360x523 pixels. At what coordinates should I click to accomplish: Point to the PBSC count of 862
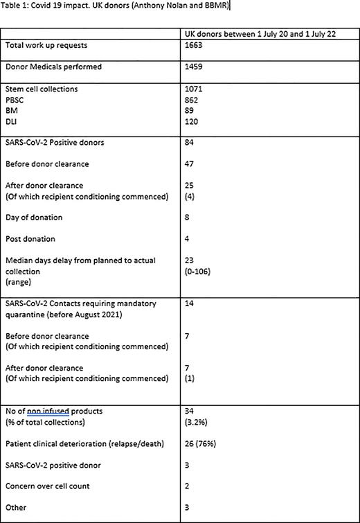(x=192, y=100)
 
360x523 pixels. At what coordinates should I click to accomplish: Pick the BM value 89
(x=190, y=111)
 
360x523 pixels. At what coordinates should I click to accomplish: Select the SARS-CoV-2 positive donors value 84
(x=190, y=143)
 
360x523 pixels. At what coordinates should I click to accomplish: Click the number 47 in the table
(x=190, y=165)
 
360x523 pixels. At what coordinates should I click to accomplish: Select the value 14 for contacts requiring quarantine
(x=190, y=303)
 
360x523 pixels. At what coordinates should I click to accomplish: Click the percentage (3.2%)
(x=197, y=421)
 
